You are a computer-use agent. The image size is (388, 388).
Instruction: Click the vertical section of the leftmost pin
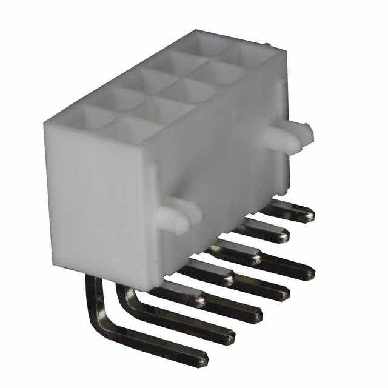coord(93,297)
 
